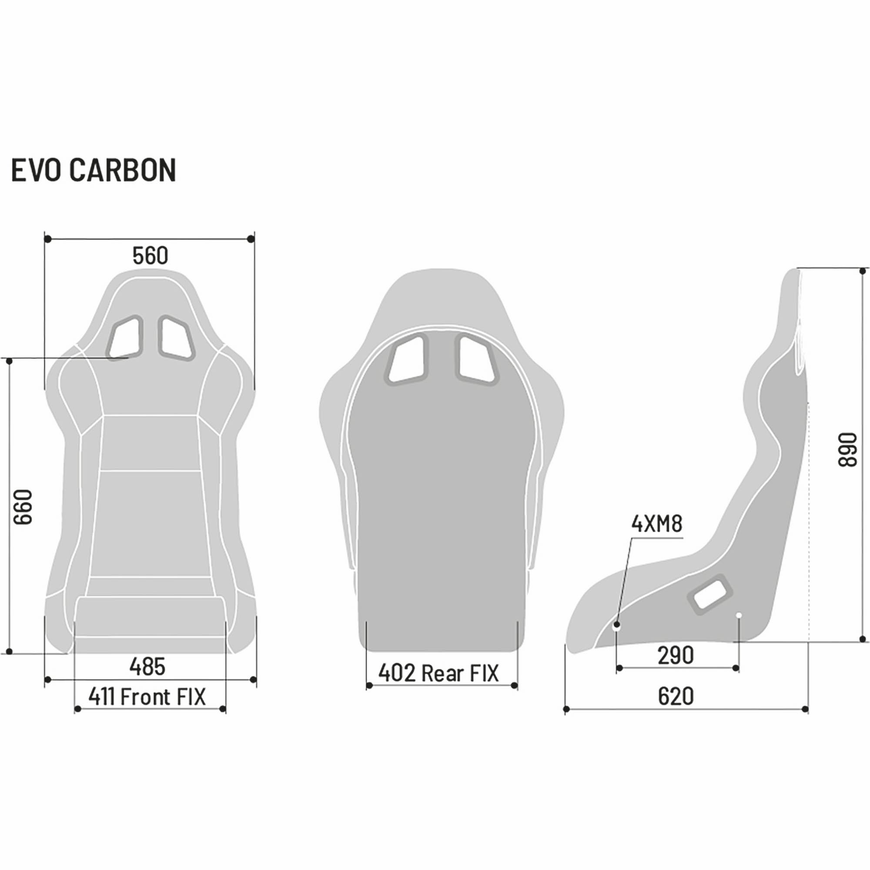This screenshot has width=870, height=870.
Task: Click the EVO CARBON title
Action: [93, 170]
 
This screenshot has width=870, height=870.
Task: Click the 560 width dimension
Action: [150, 256]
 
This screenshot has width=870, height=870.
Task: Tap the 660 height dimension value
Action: [23, 507]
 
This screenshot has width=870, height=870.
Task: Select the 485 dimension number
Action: [147, 666]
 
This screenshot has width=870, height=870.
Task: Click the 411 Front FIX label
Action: [147, 696]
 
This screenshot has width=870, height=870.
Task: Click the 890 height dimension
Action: [847, 450]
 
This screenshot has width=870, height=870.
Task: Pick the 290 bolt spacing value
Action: [676, 655]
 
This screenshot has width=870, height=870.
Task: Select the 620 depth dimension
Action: [676, 696]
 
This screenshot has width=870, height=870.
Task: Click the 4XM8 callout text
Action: [657, 524]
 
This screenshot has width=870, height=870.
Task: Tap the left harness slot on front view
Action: [125, 337]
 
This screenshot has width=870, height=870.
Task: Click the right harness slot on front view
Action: [176, 338]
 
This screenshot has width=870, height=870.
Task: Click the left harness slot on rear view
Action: [406, 360]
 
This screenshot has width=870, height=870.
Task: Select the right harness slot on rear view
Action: [477, 360]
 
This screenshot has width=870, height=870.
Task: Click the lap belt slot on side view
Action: [709, 594]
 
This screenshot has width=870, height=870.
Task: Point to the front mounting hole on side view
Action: [617, 626]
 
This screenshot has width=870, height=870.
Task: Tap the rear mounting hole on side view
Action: [739, 615]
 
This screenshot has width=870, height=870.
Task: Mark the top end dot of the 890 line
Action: [862, 271]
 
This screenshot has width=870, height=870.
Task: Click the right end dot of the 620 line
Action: [805, 709]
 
